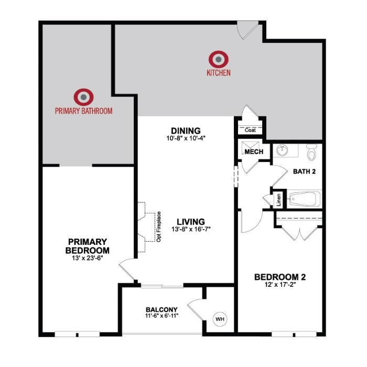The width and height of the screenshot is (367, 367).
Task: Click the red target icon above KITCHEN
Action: (x=219, y=59)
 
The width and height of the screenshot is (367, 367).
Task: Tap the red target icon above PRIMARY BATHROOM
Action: (x=83, y=97)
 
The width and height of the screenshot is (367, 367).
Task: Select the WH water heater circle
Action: (x=220, y=319)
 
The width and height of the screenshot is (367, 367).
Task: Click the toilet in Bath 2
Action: (x=311, y=152)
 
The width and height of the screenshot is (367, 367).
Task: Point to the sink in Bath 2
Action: (x=283, y=150)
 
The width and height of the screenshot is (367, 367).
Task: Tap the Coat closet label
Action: (x=250, y=130)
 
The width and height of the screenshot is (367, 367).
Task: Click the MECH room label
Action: (x=254, y=152)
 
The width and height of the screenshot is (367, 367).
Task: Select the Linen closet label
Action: (x=278, y=200)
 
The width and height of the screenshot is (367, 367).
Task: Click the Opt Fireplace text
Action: (x=159, y=226)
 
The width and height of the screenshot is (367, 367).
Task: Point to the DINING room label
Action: (x=186, y=131)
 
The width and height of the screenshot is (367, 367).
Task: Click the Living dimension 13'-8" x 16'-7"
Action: (x=191, y=229)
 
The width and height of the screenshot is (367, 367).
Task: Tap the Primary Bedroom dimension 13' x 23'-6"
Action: (x=88, y=258)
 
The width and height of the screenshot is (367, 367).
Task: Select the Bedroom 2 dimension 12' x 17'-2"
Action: (x=280, y=285)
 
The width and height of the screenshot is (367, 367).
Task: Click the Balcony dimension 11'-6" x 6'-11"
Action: (x=161, y=316)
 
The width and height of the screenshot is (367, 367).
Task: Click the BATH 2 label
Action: (x=304, y=171)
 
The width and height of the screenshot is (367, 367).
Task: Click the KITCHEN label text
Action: (x=219, y=73)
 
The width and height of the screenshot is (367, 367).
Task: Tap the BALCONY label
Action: (x=161, y=310)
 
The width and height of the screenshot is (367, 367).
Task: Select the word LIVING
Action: (x=191, y=222)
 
